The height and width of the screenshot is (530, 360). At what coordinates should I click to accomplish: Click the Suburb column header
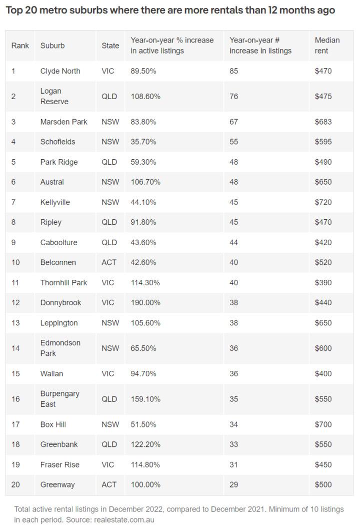coord(52,46)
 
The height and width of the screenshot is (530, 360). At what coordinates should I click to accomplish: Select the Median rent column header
coord(327,46)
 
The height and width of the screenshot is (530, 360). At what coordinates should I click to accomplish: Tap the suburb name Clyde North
coord(60,71)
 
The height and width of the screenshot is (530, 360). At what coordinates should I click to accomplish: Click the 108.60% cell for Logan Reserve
coord(145,96)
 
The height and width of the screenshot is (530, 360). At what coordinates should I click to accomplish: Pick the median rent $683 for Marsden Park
coord(323,122)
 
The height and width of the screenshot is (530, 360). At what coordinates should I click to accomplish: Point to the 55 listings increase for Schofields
coord(234,142)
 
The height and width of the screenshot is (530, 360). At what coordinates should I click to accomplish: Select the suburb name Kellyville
coord(55,202)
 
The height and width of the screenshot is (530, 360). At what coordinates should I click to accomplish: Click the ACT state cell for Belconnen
coord(109,262)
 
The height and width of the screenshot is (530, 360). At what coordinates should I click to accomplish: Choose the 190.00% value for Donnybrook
coord(145,302)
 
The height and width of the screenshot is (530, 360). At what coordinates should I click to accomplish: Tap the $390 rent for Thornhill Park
coord(323,282)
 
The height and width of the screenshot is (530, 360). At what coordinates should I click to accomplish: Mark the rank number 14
coord(15,348)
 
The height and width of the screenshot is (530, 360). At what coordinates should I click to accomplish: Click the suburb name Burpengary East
coord(59,399)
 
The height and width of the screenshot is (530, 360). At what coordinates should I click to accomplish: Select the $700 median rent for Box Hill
coord(323,424)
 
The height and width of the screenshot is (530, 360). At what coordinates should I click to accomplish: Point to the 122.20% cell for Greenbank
coord(145,444)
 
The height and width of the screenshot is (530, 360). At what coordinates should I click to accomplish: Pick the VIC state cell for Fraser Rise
coord(108,464)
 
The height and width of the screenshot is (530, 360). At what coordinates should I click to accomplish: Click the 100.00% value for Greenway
coord(145,484)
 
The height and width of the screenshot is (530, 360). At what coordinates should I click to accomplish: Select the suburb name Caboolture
coord(58,242)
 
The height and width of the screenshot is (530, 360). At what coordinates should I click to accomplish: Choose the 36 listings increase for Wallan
coord(234,373)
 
